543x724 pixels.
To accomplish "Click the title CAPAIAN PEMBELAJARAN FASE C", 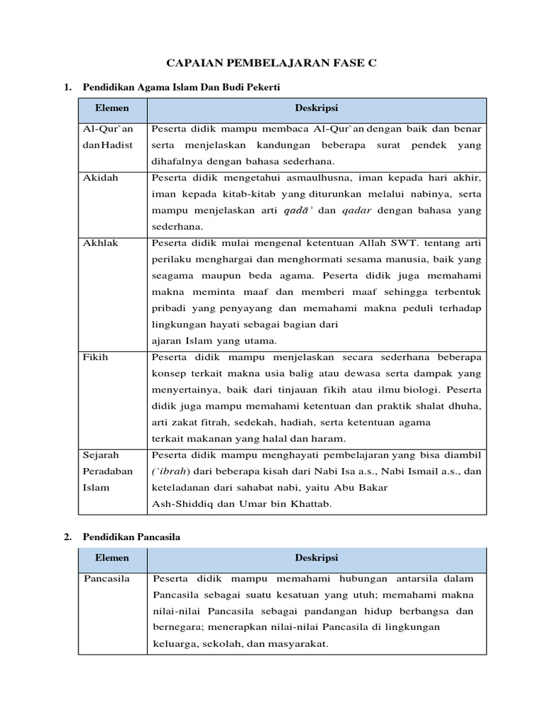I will tap(272, 64).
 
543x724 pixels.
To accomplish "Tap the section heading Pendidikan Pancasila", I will tap(132, 537).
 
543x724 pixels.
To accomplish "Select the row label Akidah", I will tap(101, 178).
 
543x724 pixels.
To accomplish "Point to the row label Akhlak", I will tap(101, 243).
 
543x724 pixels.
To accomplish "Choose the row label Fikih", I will tap(95, 357).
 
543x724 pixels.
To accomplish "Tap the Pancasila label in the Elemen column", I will tap(107, 578).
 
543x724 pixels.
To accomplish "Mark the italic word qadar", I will tap(361, 210).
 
